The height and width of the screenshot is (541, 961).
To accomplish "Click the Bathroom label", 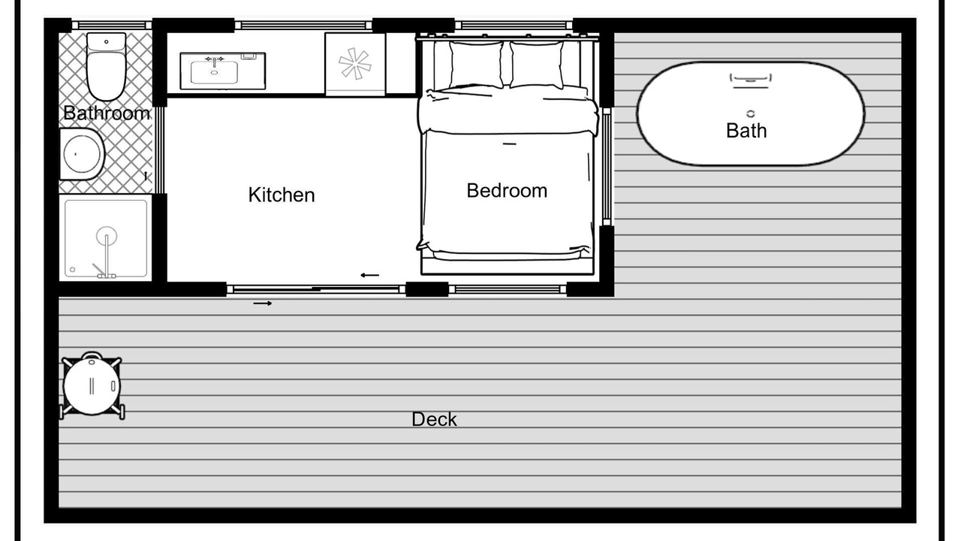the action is coord(107,113).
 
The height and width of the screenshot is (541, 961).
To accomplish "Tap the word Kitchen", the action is coord(282,195).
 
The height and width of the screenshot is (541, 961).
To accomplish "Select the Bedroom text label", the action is coord(507,191).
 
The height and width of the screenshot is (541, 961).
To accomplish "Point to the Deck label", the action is coord(434,419).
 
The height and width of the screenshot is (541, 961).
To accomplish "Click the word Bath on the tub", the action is coord(746,131).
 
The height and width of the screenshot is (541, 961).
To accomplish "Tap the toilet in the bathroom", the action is coord(106,67).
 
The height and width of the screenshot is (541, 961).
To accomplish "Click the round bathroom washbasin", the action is coord(82,154).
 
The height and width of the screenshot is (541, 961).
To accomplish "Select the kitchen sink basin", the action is coord(214,72).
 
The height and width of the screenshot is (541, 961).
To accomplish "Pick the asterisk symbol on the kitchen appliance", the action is coord(355,64).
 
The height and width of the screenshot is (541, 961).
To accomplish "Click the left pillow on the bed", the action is coord(476,65).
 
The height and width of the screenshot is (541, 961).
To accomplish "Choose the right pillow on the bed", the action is coord(537,65).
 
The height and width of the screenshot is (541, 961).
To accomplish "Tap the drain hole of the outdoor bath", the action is coord(750,113).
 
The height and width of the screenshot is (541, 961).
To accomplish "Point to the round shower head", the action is coord(107,236).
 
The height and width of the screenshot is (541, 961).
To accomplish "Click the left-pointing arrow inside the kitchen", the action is coord(370,275).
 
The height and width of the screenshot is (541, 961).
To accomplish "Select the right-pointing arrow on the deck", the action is coord(263,304).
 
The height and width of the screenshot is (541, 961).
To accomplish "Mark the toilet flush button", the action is coord(107,42).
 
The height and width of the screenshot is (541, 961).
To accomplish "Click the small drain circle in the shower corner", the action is coord(73,270).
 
